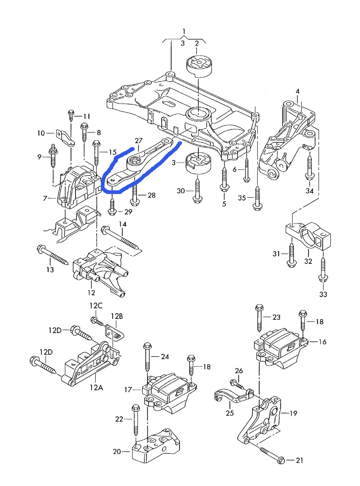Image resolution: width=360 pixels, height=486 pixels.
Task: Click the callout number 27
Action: coord(138,140)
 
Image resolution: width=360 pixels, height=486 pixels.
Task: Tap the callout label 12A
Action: coord(96,388)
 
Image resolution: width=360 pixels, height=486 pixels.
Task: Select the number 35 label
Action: coord(242,198)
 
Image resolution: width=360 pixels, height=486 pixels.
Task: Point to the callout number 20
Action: coord(117,451)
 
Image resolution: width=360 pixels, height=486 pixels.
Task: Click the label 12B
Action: coord(117,316)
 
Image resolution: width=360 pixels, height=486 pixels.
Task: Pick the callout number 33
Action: coord(323,294)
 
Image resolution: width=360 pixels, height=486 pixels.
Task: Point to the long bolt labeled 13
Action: coord(53,256)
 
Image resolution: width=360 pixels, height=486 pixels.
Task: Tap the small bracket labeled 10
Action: coord(66,137)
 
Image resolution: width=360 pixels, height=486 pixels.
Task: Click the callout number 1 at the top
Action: coord(184,31)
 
